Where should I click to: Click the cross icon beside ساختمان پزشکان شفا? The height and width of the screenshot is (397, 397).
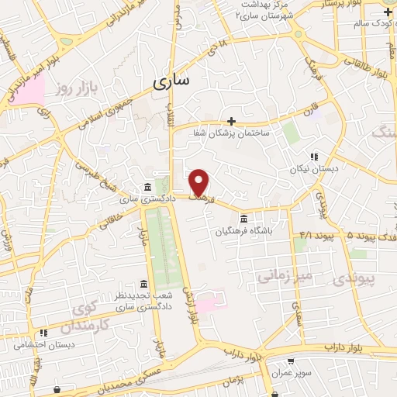coord(232,121)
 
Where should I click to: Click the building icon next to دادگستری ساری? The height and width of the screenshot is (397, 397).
coord(147,187)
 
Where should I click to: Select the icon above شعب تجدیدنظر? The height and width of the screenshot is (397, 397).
coord(142,284)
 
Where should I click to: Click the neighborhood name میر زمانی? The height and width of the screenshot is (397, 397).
coord(285,275)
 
